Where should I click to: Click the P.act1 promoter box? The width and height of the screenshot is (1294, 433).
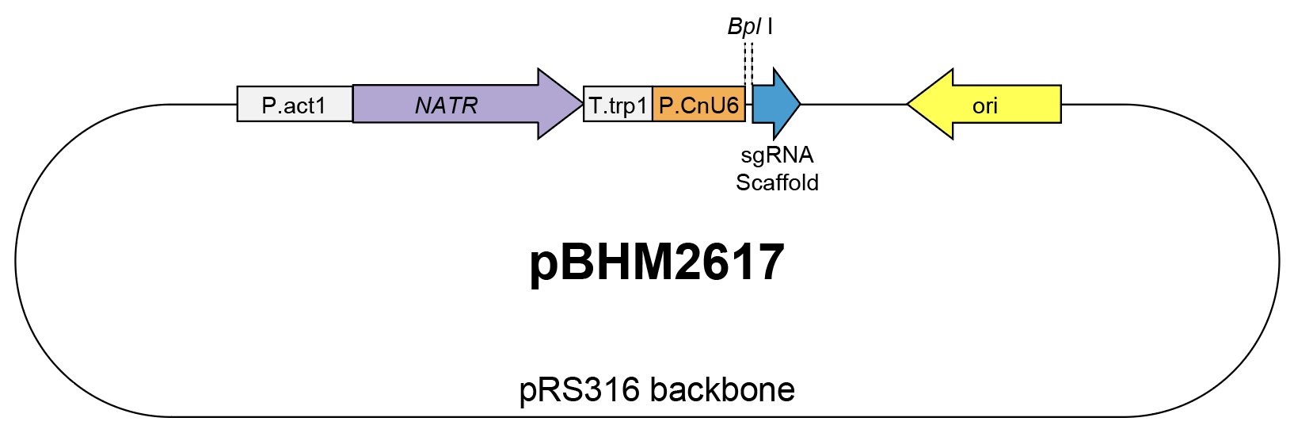(x=295, y=104)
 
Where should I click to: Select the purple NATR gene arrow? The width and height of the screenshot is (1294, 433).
(x=467, y=104)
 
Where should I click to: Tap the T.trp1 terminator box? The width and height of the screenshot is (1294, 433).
(x=618, y=104)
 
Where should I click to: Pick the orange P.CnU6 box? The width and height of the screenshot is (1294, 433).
(x=699, y=104)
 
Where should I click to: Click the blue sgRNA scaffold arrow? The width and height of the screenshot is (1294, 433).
(x=776, y=104)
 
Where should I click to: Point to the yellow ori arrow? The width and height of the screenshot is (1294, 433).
(x=984, y=104)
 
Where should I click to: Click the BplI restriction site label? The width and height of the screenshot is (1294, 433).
(x=750, y=27)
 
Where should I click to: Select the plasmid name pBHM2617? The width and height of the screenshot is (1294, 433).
(x=657, y=262)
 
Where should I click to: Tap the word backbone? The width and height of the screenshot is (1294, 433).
(x=722, y=389)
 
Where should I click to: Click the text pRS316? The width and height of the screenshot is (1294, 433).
(x=580, y=389)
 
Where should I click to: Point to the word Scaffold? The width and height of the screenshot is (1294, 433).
(x=777, y=183)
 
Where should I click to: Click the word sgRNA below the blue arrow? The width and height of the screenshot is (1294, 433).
(x=777, y=155)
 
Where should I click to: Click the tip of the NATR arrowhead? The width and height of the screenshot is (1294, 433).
(x=583, y=104)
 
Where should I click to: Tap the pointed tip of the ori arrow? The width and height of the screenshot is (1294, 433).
(x=908, y=104)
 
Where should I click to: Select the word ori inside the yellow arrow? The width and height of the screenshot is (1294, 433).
(x=985, y=106)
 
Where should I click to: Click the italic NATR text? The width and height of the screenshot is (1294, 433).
(x=446, y=105)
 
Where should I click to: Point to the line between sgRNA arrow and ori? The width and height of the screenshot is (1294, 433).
(x=854, y=104)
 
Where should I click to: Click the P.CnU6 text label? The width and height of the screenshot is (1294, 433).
(x=699, y=105)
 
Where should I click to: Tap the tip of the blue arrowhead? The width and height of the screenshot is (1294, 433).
(x=800, y=104)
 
